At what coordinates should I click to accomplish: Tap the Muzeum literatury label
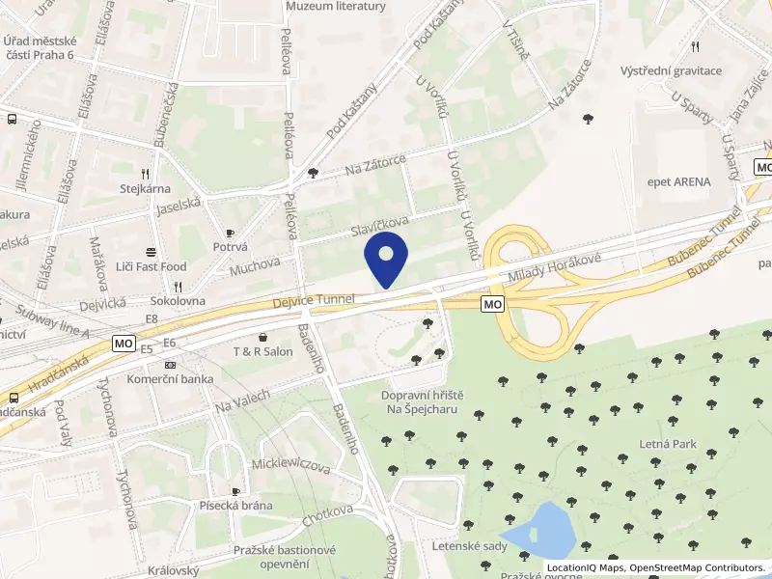click(336, 7)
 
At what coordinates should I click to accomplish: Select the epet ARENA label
click(678, 181)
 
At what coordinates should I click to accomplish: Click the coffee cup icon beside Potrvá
click(230, 234)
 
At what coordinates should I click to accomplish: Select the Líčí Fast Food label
click(151, 265)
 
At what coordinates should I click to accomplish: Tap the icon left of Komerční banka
click(170, 365)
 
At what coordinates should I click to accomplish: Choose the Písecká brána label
click(235, 506)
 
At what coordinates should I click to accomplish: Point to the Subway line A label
click(52, 321)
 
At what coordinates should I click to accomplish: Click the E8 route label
click(152, 318)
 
